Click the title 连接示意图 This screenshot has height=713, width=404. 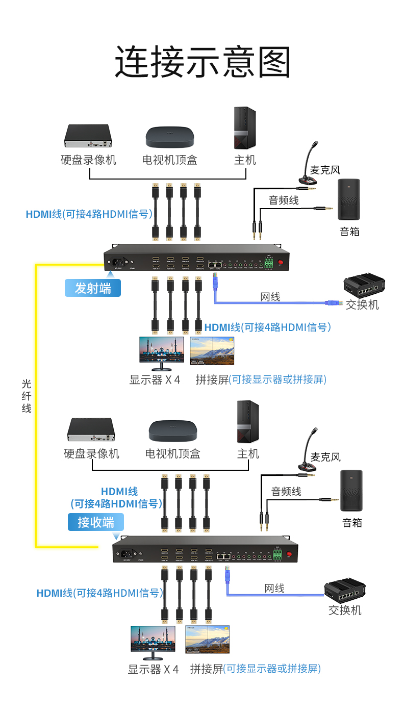(x=203, y=63)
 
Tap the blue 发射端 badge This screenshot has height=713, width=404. (x=93, y=288)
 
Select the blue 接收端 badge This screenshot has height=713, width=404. (x=96, y=522)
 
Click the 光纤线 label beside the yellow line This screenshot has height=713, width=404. (x=27, y=396)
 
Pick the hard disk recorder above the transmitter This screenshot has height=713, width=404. (x=88, y=135)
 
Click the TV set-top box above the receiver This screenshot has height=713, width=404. (x=172, y=431)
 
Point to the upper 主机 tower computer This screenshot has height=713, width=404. (x=245, y=128)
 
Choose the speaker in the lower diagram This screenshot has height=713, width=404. (x=351, y=490)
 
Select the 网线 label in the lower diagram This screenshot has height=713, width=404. (x=274, y=589)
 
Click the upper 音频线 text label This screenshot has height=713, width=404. (x=284, y=200)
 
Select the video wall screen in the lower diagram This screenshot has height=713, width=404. (x=207, y=640)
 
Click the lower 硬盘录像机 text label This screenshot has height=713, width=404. (x=91, y=453)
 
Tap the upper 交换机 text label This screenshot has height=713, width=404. (x=362, y=305)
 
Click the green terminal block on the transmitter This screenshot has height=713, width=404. (x=268, y=263)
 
